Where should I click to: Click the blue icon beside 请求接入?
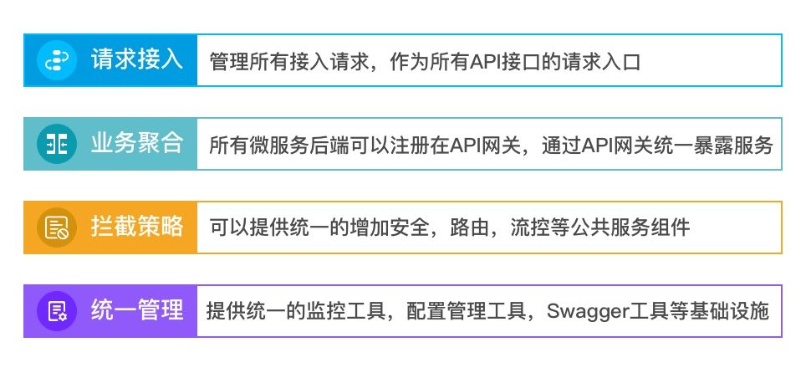point(57,60)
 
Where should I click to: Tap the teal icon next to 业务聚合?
point(57,144)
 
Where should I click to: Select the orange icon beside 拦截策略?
point(57,227)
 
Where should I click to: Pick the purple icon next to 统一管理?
point(57,311)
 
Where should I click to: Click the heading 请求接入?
point(137,59)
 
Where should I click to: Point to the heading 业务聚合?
point(137,143)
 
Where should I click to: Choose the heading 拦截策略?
point(137,227)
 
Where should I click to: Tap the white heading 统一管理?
point(137,310)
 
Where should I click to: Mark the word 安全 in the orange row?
point(410,227)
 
